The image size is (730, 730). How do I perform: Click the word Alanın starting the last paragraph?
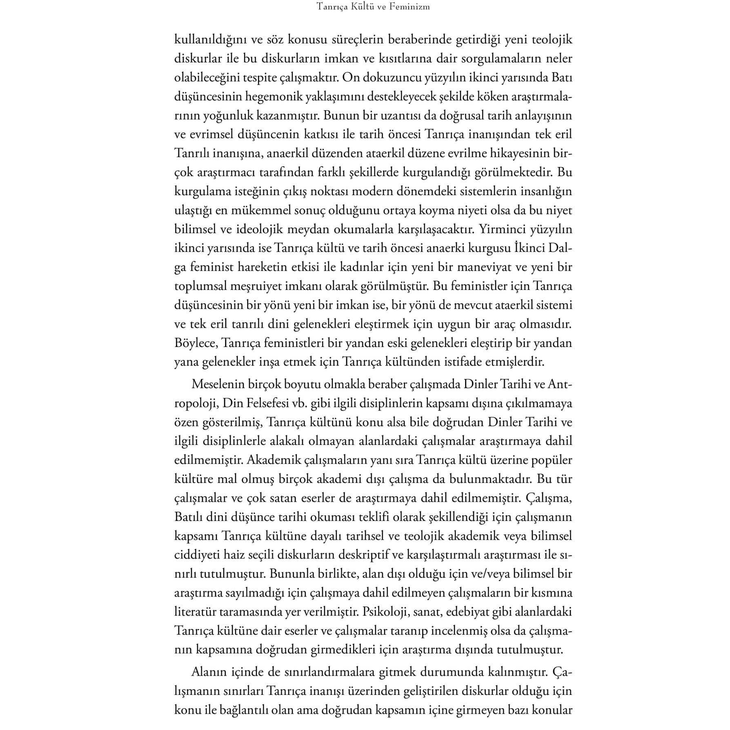click(x=209, y=672)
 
